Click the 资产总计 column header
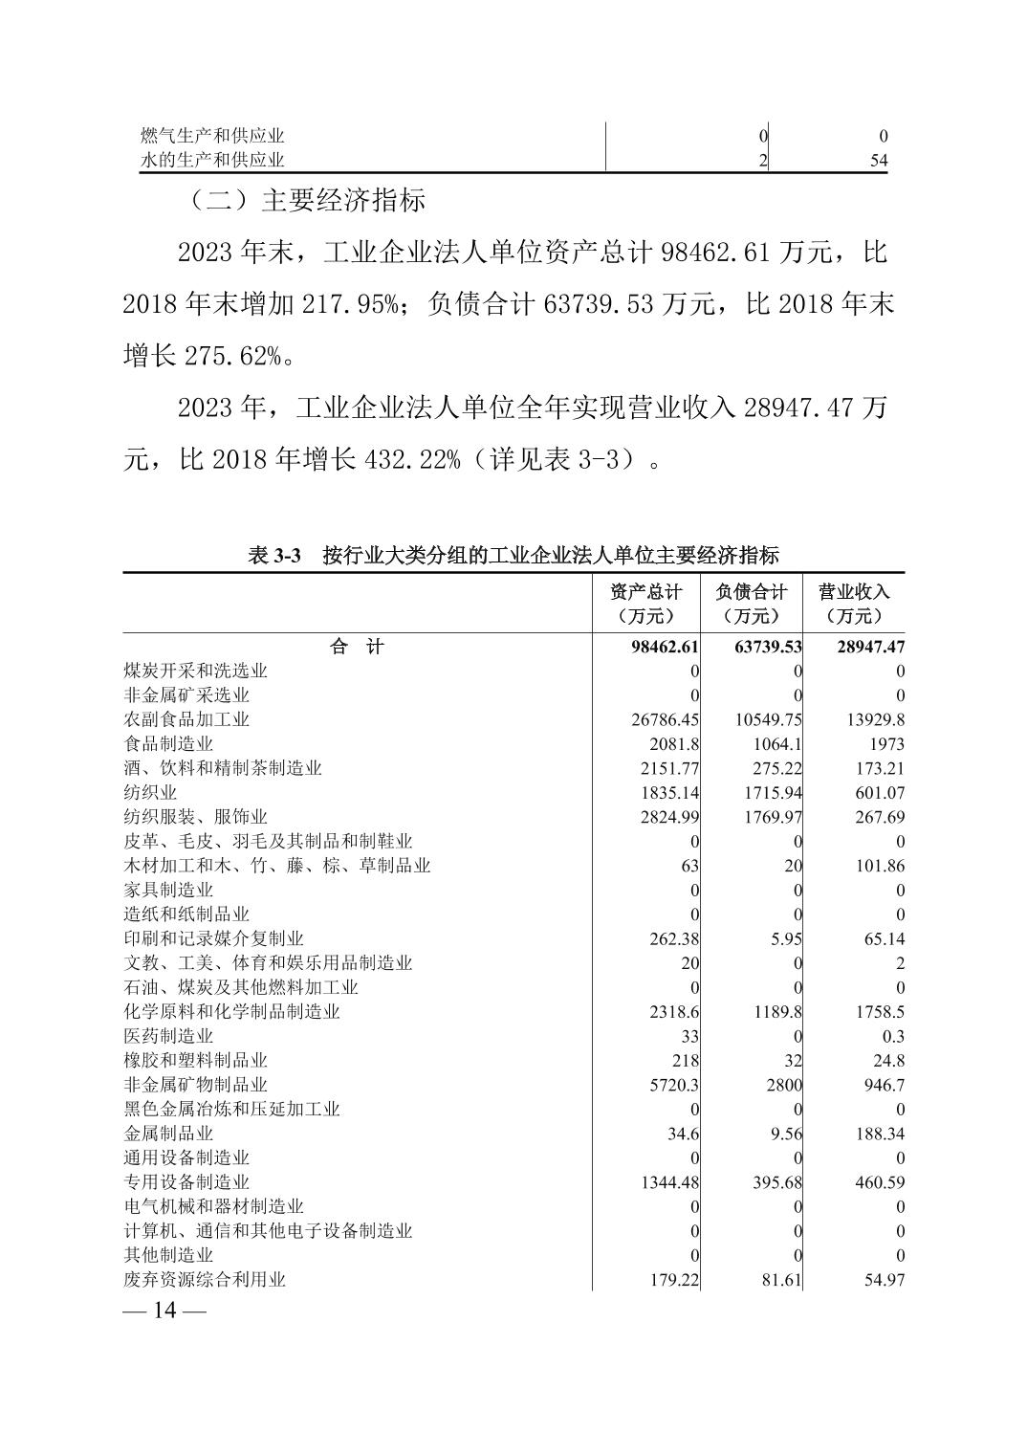point(646,604)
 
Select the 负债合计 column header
point(751,604)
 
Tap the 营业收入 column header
point(853,604)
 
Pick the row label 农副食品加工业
point(186,719)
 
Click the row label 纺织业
point(150,792)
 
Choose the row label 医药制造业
point(168,1036)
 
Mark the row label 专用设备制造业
point(186,1182)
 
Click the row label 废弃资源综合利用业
point(205,1280)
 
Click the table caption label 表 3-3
point(274,555)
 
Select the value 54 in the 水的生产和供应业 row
point(879,161)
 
